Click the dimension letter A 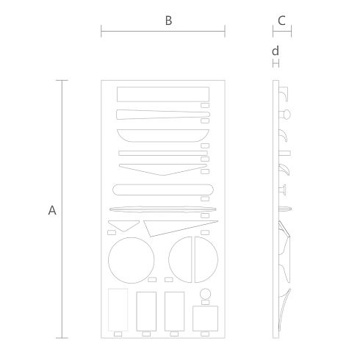(x=52, y=210)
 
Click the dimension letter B (x=168, y=21)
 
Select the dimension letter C (x=281, y=21)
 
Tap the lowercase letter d (x=276, y=51)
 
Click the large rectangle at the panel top (x=163, y=94)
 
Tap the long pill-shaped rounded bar (x=163, y=190)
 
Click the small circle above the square (x=205, y=294)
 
